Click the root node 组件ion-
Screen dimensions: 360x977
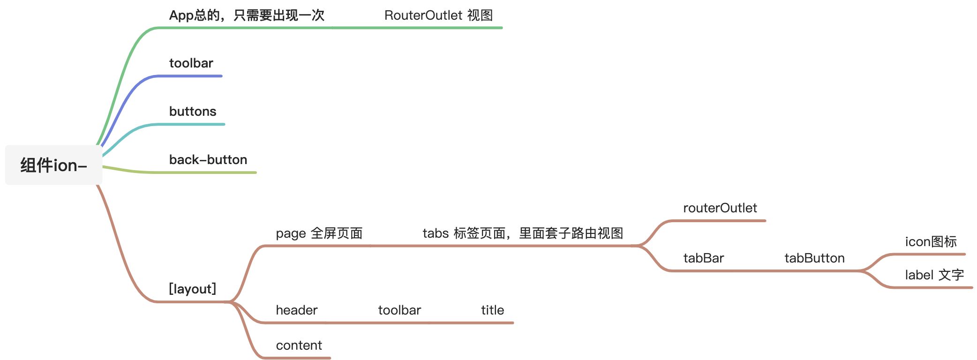pyautogui.click(x=53, y=165)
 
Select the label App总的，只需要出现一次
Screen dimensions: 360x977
pyautogui.click(x=247, y=15)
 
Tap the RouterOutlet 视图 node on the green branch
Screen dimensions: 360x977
pyautogui.click(x=438, y=15)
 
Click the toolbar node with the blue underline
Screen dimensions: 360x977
pyautogui.click(x=191, y=63)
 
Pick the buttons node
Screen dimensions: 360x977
pyautogui.click(x=193, y=112)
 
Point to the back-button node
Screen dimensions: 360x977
pyautogui.click(x=208, y=160)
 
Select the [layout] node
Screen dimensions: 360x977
pyautogui.click(x=192, y=289)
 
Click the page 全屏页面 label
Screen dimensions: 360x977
pyautogui.click(x=319, y=233)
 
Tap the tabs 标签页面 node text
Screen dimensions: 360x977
pyautogui.click(x=523, y=233)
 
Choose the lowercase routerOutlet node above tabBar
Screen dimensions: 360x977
pyautogui.click(x=720, y=208)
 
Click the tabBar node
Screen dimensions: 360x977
pyautogui.click(x=703, y=258)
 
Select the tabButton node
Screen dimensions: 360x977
pyautogui.click(x=814, y=258)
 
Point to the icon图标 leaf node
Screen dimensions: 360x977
pyautogui.click(x=931, y=242)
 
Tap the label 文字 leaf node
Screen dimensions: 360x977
pyautogui.click(x=934, y=275)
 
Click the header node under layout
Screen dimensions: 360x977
pyautogui.click(x=296, y=310)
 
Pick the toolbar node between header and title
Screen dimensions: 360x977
pyautogui.click(x=399, y=310)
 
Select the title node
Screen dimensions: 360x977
pyautogui.click(x=492, y=310)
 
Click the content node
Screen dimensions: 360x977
pyautogui.click(x=299, y=345)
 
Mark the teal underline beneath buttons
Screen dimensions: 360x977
pyautogui.click(x=197, y=124)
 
